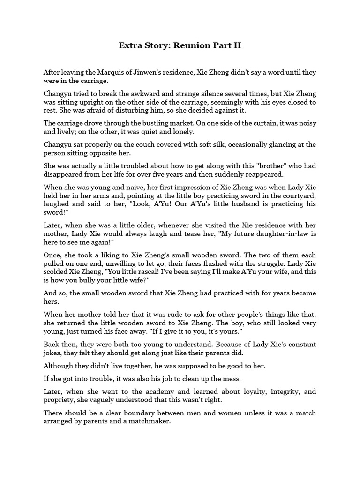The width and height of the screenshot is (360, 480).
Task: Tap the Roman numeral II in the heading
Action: coord(234,45)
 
